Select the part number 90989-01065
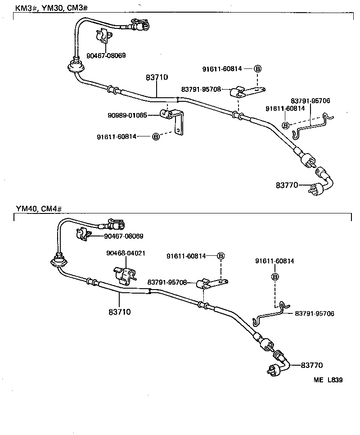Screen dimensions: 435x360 127,115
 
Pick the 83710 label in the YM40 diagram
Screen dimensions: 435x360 119,311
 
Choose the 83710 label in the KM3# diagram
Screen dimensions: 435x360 157,77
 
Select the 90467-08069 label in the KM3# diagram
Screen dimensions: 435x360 106,55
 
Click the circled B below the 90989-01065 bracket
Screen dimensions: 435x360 156,136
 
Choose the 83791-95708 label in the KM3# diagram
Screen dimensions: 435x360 201,89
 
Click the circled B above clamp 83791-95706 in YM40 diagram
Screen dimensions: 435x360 275,276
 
